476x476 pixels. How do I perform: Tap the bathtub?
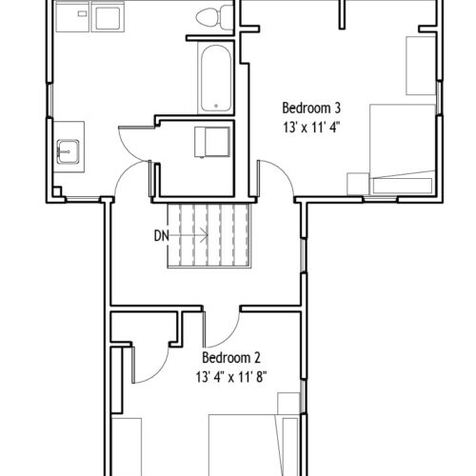(x=216, y=78)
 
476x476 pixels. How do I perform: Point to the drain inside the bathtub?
(x=216, y=106)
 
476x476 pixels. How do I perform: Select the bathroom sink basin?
(x=68, y=151)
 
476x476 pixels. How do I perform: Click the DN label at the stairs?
(x=162, y=236)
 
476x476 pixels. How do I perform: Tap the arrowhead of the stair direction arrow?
(x=205, y=236)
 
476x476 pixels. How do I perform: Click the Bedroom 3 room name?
(x=311, y=108)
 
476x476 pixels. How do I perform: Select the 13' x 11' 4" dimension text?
(x=311, y=128)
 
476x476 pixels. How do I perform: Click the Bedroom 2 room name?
(x=231, y=358)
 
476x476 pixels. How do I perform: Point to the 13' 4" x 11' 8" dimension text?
(x=231, y=377)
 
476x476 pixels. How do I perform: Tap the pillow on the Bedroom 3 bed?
(x=403, y=186)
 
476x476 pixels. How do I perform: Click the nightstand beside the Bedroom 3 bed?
(x=358, y=184)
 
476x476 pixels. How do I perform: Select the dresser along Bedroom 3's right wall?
(x=421, y=66)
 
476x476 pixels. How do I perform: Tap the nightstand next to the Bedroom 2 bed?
(x=288, y=404)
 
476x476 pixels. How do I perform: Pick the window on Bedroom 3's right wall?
(x=439, y=97)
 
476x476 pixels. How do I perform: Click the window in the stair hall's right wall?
(x=304, y=255)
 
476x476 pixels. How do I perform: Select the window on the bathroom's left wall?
(x=50, y=100)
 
